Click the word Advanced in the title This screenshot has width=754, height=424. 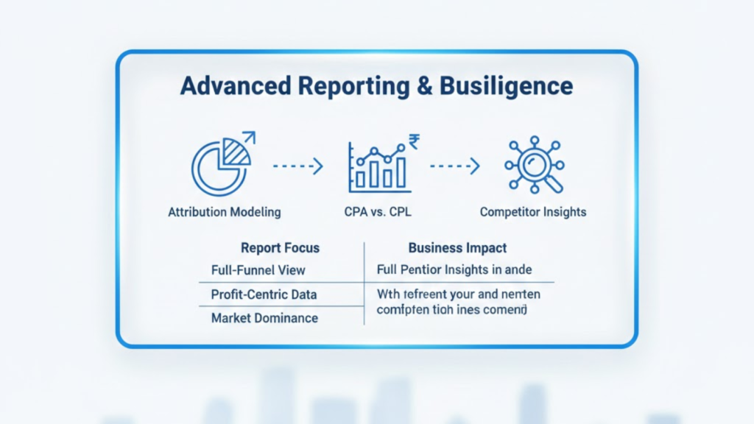click(225, 86)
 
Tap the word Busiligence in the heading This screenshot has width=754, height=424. click(507, 86)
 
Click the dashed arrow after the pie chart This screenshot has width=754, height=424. click(297, 167)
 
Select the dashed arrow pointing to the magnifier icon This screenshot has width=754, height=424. click(455, 166)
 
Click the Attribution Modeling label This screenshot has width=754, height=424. click(225, 212)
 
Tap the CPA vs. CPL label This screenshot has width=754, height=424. click(378, 212)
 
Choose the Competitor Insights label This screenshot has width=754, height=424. click(533, 212)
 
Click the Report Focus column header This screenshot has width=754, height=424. click(280, 248)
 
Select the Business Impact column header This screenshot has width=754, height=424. click(457, 248)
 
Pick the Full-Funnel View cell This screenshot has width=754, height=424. click(258, 270)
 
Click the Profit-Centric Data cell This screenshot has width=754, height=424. click(264, 294)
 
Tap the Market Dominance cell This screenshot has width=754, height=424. click(264, 318)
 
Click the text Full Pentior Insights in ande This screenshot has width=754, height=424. click(454, 270)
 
